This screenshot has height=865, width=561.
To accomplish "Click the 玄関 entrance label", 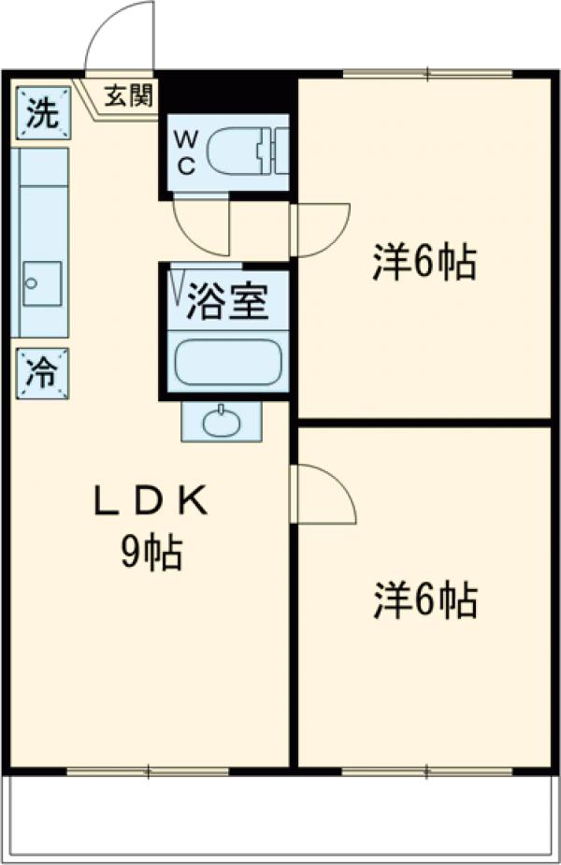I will point(127,95).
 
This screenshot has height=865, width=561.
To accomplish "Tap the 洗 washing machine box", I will point(40,113).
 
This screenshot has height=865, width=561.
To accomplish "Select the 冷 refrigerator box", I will point(40,372).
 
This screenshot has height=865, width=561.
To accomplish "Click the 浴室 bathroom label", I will point(227,302).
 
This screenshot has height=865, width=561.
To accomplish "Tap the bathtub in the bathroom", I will point(229,363).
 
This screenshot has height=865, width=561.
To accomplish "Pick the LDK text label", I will point(150,503).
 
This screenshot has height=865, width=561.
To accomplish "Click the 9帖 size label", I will point(150,555).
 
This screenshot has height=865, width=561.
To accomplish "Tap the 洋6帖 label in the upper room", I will point(425,265).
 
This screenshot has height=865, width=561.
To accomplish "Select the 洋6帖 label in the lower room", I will point(425,600).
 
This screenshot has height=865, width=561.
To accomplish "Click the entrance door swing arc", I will point(119,37).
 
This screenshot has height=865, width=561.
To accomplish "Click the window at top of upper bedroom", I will point(427,74).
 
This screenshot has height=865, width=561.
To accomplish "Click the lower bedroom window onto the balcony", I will point(426,771).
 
